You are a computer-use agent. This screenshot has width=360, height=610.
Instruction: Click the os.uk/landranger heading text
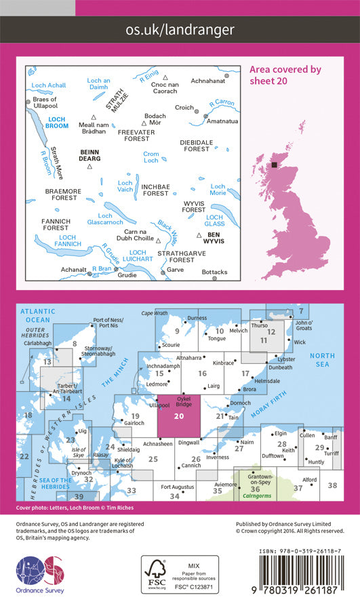180,29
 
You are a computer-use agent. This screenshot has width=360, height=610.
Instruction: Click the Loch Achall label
48,85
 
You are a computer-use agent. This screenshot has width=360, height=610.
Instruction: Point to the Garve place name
175,269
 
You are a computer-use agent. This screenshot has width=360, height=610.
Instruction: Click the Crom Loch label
151,158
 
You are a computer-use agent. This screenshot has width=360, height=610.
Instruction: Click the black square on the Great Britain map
274,165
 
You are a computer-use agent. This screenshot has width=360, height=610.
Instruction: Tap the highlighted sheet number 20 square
178,418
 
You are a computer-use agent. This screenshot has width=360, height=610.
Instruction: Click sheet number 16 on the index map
201,373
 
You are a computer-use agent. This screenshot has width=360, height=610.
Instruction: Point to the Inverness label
217,457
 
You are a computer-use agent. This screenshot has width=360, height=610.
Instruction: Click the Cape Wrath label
172,313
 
